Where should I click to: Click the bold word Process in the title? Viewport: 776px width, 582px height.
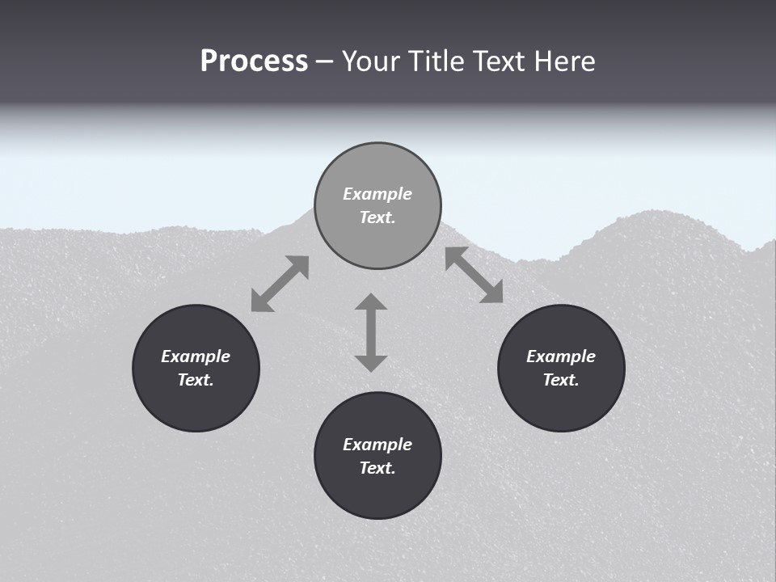click(254, 61)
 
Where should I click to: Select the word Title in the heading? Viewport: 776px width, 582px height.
click(438, 61)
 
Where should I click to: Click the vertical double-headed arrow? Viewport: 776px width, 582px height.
click(371, 332)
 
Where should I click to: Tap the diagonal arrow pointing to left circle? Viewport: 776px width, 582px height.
click(280, 284)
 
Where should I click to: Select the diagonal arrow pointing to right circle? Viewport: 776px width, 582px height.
click(474, 276)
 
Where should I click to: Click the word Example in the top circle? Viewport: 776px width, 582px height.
click(377, 194)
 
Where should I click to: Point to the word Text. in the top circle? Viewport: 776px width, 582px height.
click(377, 217)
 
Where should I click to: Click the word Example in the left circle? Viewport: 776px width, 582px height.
click(196, 356)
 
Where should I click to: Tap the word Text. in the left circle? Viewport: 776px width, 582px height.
click(196, 380)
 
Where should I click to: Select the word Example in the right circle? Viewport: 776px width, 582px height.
click(561, 356)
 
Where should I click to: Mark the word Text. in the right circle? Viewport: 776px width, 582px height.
click(561, 380)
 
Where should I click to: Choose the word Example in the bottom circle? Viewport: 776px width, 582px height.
click(377, 445)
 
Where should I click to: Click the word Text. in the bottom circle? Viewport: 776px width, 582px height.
click(377, 468)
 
